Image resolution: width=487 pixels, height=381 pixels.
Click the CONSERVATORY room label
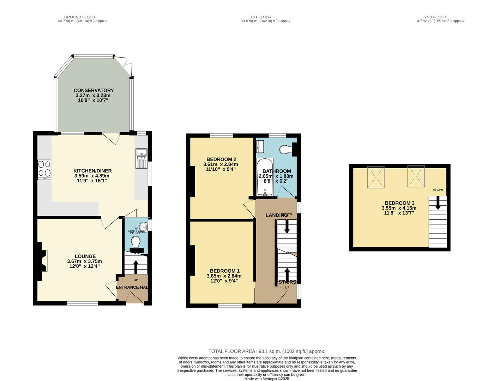(94, 90)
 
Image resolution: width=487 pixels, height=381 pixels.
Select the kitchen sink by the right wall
(141, 159)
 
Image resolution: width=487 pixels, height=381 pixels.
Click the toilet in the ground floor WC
(136, 242)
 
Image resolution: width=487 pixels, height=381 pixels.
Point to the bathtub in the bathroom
(265, 177)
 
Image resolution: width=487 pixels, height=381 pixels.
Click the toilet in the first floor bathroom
(286, 150)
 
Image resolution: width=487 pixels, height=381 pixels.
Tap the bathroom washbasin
(260, 146)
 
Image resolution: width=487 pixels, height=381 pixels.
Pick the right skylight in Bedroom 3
(416, 176)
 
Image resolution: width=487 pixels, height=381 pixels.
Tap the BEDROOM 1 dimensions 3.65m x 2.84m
(224, 276)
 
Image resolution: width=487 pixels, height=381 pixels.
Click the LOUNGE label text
(85, 256)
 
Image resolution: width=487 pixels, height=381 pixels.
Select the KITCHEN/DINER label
(92, 171)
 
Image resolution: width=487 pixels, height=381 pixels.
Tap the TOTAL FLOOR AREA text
(267, 351)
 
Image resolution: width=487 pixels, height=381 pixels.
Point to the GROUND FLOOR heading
(79, 17)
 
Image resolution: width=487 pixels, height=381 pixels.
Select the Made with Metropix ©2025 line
(267, 379)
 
